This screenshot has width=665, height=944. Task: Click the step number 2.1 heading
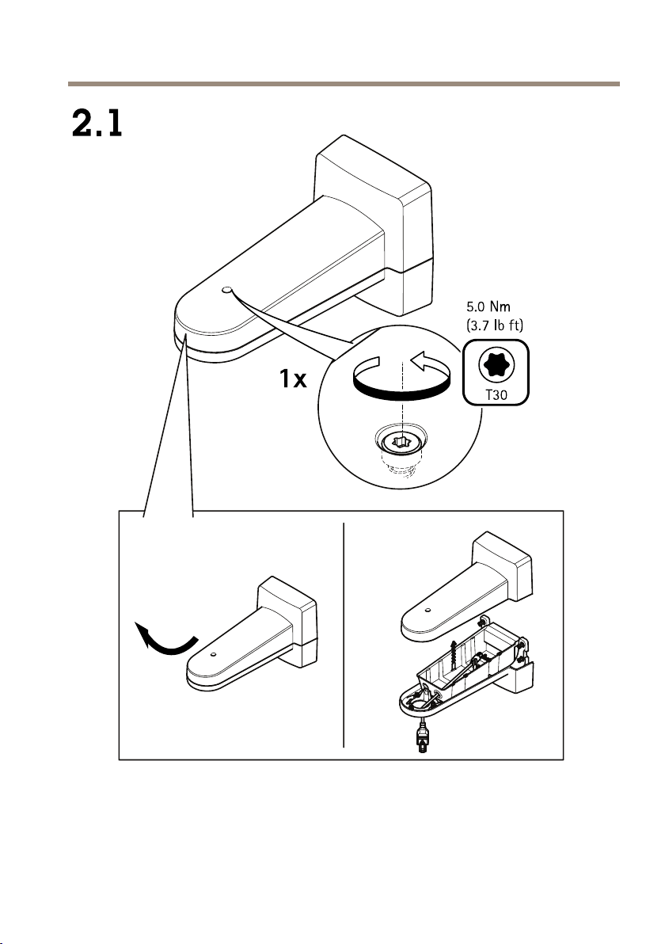97,123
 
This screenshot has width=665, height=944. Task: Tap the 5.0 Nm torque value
488,307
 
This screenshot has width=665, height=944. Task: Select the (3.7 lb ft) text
496,325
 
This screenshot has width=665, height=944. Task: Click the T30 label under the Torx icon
496,395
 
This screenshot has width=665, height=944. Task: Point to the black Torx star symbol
496,365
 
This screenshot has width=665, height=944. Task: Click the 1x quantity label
293,379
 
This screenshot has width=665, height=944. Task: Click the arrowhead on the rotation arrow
419,360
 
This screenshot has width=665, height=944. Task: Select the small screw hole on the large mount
226,290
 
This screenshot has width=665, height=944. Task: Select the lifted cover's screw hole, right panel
427,611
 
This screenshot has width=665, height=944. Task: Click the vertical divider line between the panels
344,634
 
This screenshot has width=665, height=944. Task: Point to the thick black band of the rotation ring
401,391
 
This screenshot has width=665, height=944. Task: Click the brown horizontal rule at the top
344,84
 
